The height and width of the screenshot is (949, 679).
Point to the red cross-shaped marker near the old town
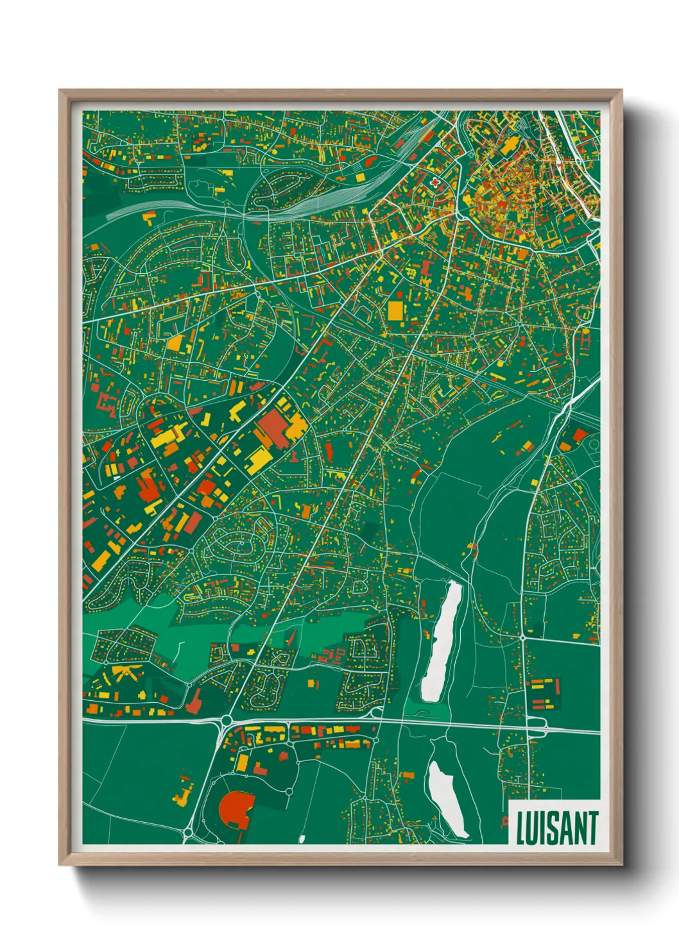click(436, 182)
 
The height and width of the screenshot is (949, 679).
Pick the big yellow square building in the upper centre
click(396, 311)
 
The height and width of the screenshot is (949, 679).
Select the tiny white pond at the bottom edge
click(302, 838)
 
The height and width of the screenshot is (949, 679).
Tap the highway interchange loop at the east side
click(536, 726)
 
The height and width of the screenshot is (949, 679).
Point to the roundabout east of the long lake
click(523, 638)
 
